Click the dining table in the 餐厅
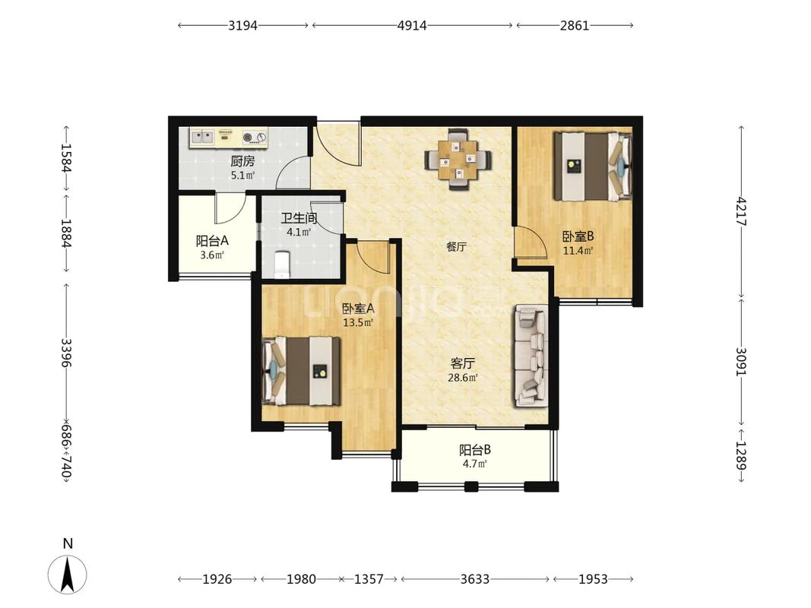(458, 160)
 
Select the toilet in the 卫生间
(281, 264)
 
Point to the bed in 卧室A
(302, 371)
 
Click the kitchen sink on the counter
(202, 137)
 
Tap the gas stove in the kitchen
(255, 137)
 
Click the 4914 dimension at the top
(412, 25)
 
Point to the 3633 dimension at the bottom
(475, 579)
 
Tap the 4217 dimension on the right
(742, 211)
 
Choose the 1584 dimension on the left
(66, 157)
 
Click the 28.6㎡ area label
(462, 378)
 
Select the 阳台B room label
(475, 450)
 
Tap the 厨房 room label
(242, 161)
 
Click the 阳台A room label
(212, 241)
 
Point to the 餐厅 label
(456, 246)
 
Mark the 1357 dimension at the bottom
(369, 579)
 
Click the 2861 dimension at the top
(574, 25)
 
